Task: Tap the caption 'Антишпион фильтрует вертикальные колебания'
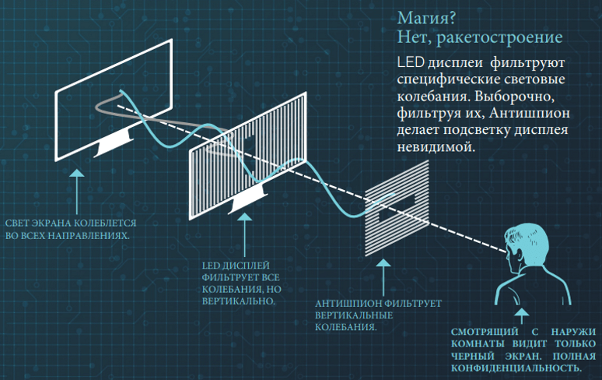pos(378,315)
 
